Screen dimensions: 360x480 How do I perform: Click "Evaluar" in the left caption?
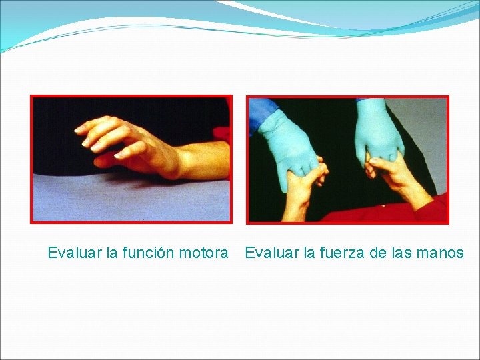pyautogui.click(x=75, y=253)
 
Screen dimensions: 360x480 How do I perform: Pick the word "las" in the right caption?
pyautogui.click(x=400, y=253)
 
